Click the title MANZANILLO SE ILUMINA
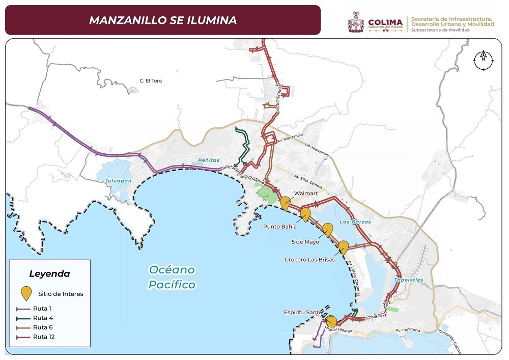click(x=162, y=20)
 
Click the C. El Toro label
click(x=151, y=81)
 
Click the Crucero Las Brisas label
click(x=309, y=259)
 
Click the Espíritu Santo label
click(x=303, y=312)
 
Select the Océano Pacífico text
click(x=172, y=277)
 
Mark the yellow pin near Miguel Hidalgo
click(x=331, y=321)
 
